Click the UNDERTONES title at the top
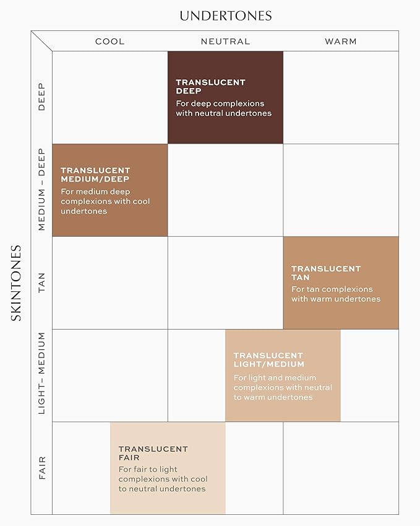point(225,15)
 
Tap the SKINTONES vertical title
point(17,283)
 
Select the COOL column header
point(109,42)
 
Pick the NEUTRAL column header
point(225,42)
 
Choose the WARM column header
point(341,42)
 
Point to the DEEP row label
point(42,97)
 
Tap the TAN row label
point(42,283)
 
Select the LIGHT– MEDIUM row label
point(42,374)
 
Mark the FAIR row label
point(42,468)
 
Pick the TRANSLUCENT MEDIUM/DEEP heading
point(95,175)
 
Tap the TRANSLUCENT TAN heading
point(326,273)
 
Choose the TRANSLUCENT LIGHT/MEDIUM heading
point(268,360)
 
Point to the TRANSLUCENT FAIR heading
point(153,453)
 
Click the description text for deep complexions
point(223,108)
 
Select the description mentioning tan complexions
point(336,294)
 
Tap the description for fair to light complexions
point(163,479)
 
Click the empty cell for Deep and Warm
point(341,97)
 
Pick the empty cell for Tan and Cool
point(109,283)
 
